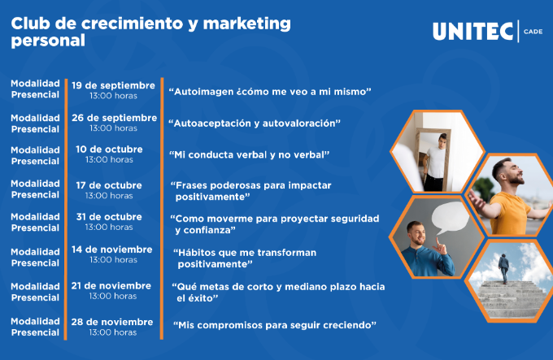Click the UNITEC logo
point(472,32)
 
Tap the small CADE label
point(533,32)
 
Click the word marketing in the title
point(247,24)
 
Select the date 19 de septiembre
point(113,85)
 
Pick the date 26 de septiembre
point(115,118)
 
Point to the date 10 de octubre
point(109,149)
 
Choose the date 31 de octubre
point(109,217)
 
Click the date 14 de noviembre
point(111,249)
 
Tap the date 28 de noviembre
point(112,322)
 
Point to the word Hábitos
point(197,253)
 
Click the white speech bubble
point(450,218)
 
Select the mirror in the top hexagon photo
point(433,159)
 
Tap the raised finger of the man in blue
point(438,241)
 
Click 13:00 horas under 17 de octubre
point(109,196)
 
